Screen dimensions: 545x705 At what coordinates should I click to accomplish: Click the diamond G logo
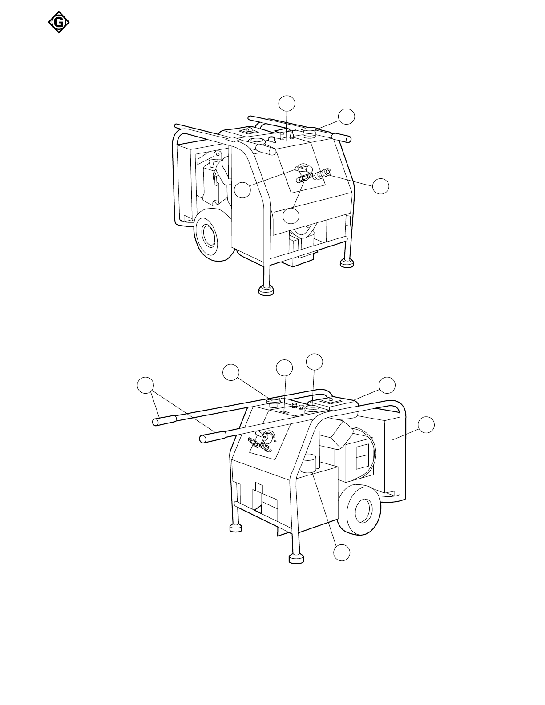point(59,22)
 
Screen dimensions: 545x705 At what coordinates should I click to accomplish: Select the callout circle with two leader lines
point(145,386)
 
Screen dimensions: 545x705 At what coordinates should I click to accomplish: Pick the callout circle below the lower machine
point(342,552)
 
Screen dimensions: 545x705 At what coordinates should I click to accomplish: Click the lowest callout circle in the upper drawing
point(291,215)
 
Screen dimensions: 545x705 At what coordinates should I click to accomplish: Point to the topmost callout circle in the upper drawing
point(287,104)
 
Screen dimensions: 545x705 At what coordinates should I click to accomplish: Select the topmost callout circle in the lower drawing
point(315,362)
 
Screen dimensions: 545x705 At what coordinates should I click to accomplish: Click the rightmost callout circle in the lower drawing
point(426,425)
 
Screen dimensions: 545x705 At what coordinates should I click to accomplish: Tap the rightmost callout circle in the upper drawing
point(380,186)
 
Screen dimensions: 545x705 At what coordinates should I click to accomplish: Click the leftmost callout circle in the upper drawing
point(242,190)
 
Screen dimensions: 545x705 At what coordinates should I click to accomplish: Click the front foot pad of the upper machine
point(266,290)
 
